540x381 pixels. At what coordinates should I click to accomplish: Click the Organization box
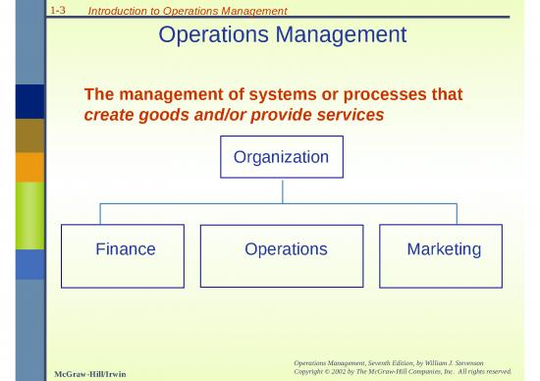(x=281, y=157)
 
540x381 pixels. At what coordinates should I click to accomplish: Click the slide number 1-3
(x=56, y=9)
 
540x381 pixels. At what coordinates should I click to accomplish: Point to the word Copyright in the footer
(x=312, y=372)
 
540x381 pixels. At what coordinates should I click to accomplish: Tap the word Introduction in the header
(x=114, y=11)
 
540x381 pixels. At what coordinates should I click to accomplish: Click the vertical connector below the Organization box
(x=282, y=190)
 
